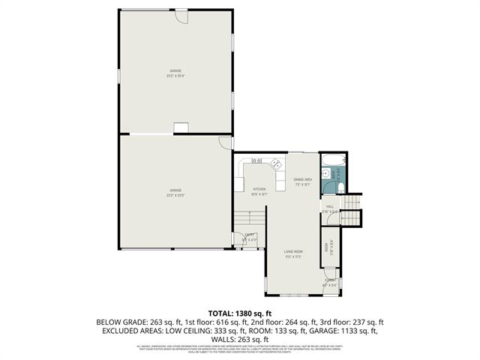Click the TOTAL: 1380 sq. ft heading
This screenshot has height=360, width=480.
coord(240,312)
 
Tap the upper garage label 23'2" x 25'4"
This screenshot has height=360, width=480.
coord(175,73)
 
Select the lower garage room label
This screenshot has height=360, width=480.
coord(175,193)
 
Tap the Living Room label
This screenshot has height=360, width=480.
coord(292,253)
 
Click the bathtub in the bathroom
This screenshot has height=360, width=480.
coord(332,160)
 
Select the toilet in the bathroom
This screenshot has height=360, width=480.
coord(339,187)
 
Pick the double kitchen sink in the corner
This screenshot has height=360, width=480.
coord(256,160)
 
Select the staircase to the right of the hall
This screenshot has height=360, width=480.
coord(352,208)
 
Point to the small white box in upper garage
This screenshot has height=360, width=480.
coord(181,128)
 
